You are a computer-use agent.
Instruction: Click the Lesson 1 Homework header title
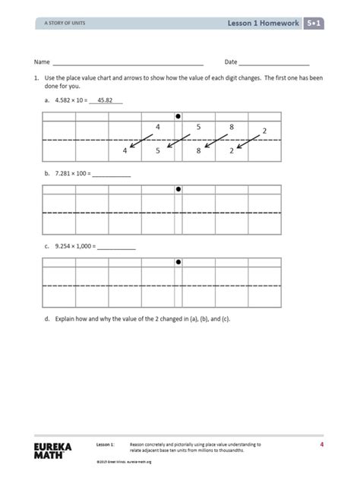263,24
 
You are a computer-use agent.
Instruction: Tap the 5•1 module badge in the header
314,24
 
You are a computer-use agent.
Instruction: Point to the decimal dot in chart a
178,116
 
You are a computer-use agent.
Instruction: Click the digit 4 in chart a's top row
157,127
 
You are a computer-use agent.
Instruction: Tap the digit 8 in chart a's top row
232,127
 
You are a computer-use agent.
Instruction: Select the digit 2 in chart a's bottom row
232,150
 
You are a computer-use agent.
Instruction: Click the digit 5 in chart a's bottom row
158,150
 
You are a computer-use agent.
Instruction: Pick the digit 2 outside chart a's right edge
264,131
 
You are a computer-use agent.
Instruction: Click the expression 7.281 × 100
71,173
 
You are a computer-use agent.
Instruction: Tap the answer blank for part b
112,174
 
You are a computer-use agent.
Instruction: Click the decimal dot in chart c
178,261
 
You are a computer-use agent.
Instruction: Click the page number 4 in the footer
321,444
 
